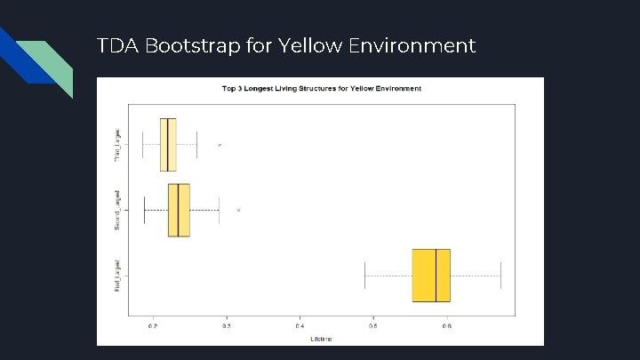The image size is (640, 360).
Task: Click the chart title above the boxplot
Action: click(321, 89)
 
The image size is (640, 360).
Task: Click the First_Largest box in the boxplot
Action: click(431, 276)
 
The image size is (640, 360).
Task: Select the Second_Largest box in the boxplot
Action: click(179, 210)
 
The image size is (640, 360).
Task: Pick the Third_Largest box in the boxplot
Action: click(168, 144)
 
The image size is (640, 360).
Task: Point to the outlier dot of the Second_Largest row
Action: click(238, 210)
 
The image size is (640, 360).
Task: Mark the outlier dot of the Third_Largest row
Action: click(220, 144)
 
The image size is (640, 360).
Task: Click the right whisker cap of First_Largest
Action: click(501, 276)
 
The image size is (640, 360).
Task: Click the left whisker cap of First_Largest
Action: click(364, 276)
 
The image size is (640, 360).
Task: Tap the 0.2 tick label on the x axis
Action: click(153, 327)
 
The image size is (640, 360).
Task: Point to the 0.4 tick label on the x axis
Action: click(300, 327)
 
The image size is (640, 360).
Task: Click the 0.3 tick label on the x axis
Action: click(227, 327)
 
